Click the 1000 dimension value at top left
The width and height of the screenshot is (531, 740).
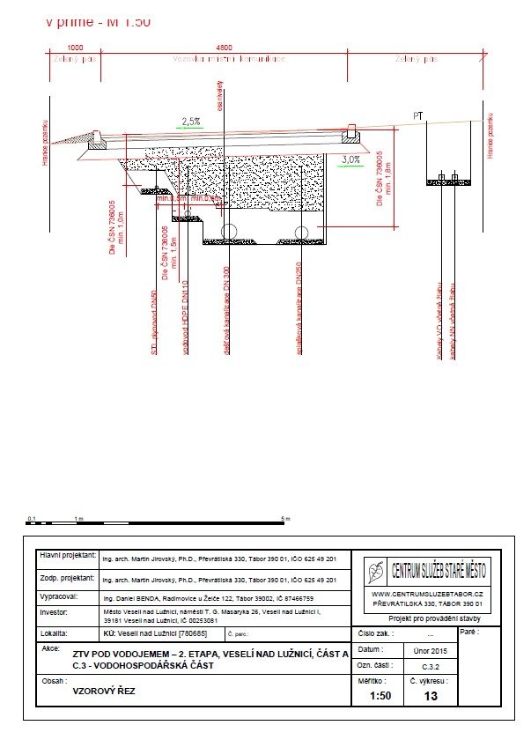click(75, 47)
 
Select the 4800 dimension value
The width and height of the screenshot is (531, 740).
click(224, 47)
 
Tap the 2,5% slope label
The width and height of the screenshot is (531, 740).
click(191, 121)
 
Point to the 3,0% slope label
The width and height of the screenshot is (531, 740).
click(350, 159)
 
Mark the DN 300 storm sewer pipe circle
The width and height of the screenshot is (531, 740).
click(228, 232)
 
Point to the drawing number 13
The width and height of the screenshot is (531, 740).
click(431, 696)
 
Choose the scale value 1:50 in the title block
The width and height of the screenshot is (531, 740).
click(380, 696)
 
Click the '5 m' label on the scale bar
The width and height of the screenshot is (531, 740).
click(284, 519)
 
